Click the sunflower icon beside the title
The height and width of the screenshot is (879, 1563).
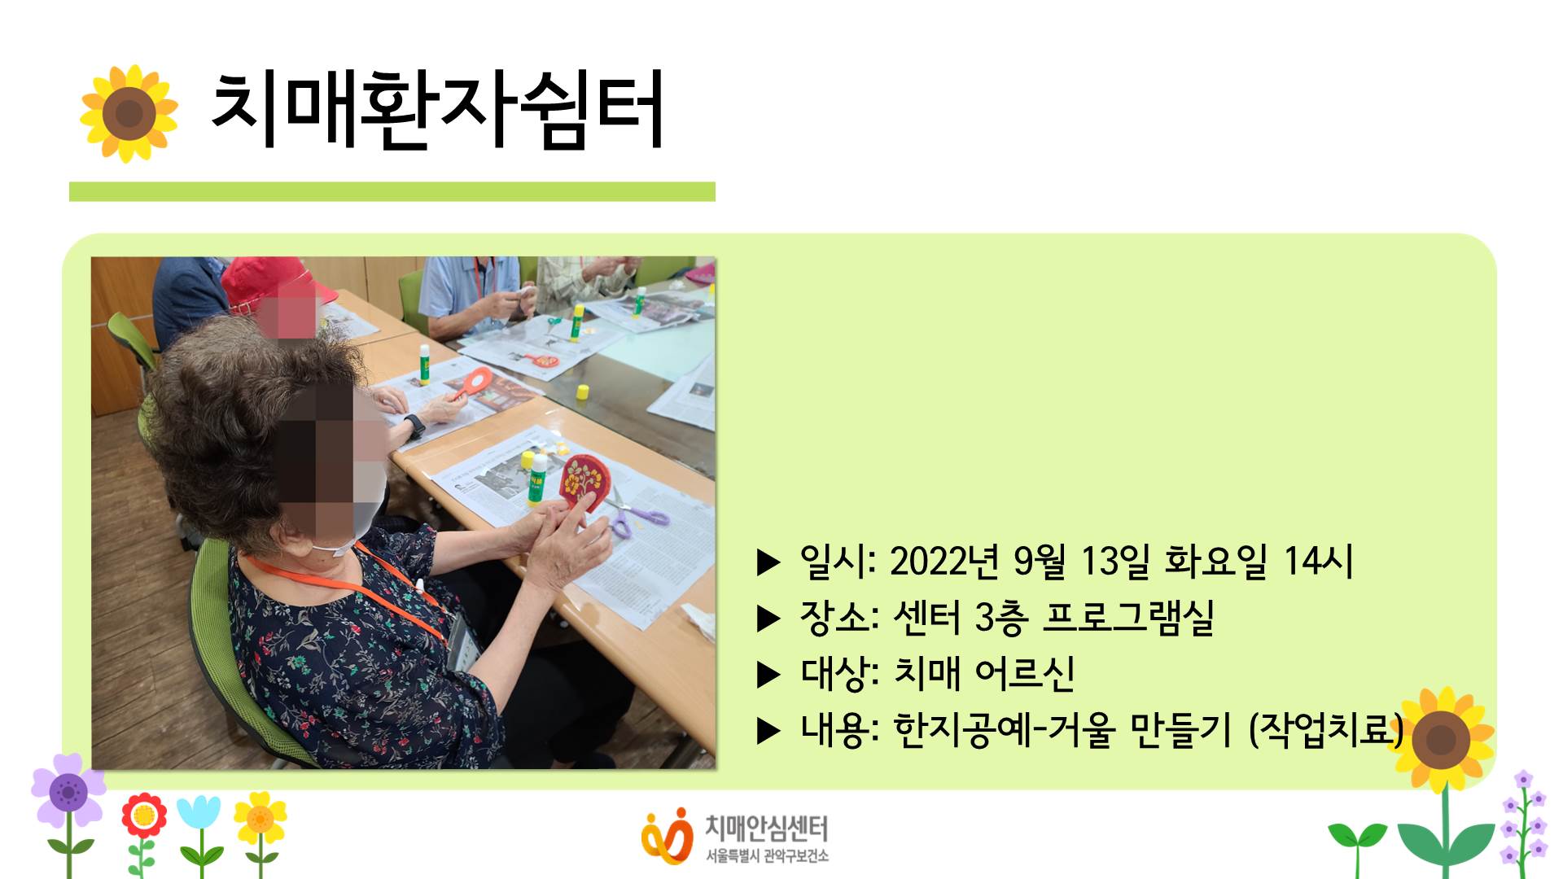(129, 113)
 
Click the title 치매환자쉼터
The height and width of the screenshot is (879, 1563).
(437, 110)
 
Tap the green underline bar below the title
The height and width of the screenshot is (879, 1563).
(392, 191)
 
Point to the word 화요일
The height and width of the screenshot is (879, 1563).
(1216, 561)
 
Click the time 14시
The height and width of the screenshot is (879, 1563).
(1318, 561)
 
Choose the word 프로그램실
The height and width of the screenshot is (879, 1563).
(1128, 618)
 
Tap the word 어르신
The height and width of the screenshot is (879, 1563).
(1025, 674)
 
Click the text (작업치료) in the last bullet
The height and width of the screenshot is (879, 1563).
(1325, 729)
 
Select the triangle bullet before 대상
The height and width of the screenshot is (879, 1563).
(768, 675)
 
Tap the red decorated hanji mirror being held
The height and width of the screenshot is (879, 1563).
(582, 481)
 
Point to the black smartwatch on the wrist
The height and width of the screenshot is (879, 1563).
(414, 425)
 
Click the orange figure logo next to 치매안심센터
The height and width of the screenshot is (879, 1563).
(667, 835)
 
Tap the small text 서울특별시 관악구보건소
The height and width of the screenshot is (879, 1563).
(767, 856)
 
